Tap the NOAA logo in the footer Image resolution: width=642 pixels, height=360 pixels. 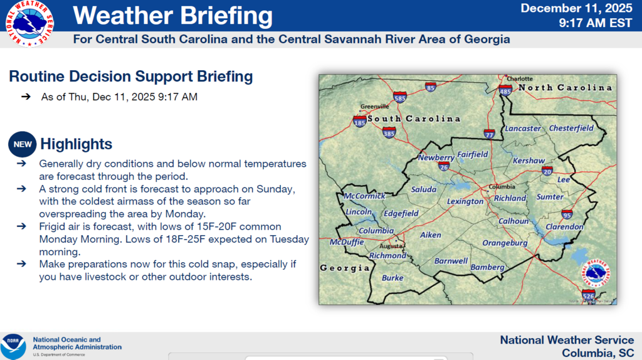coord(13,346)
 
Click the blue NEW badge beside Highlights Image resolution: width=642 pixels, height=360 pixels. coord(23,144)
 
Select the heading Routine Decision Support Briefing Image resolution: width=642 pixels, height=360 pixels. coord(130,77)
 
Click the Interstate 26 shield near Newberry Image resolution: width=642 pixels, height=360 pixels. coord(443,167)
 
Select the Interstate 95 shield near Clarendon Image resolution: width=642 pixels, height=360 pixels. coord(567,214)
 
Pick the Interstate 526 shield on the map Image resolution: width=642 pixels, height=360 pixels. coord(587,294)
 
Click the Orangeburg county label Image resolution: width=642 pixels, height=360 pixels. coord(505,243)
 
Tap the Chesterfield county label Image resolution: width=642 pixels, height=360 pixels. coord(571,128)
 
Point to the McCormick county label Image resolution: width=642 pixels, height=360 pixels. coord(365,196)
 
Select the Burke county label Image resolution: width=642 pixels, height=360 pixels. coord(392,278)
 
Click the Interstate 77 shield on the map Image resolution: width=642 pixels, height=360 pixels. coord(490,134)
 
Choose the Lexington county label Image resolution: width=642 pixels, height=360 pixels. coord(465,201)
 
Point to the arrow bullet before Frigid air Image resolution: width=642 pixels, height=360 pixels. coord(22,226)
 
